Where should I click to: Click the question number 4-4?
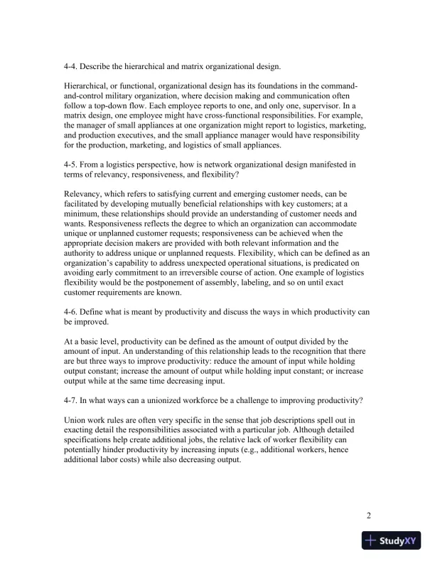pyautogui.click(x=72, y=67)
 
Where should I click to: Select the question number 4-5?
pyautogui.click(x=72, y=164)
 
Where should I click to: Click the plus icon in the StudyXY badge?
pyautogui.click(x=370, y=541)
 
